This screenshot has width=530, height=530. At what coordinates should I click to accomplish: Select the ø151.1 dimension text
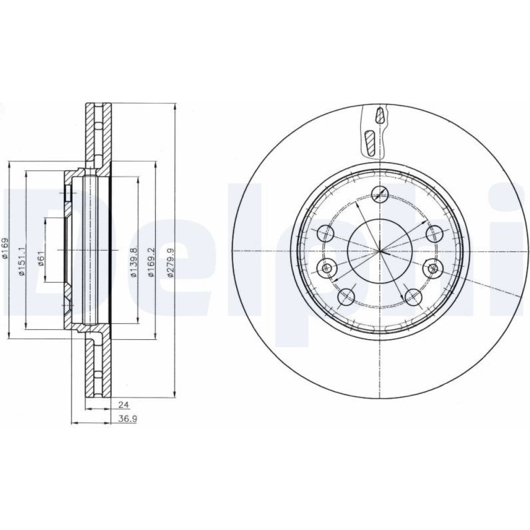pos(22,261)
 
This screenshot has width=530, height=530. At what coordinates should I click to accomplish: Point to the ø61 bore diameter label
pos(41,259)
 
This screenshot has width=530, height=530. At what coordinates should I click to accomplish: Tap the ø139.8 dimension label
pos(134,262)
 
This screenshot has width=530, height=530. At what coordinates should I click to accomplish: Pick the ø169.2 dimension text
pos(152,262)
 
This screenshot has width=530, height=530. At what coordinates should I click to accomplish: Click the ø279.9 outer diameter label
pos(171,262)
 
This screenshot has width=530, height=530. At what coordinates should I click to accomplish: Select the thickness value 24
pos(123,404)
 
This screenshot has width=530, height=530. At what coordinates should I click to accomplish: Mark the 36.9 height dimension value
pos(127,419)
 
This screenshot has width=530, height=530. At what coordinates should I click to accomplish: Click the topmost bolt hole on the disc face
pos(380,194)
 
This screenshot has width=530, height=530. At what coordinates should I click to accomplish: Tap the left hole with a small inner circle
pos(326,268)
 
